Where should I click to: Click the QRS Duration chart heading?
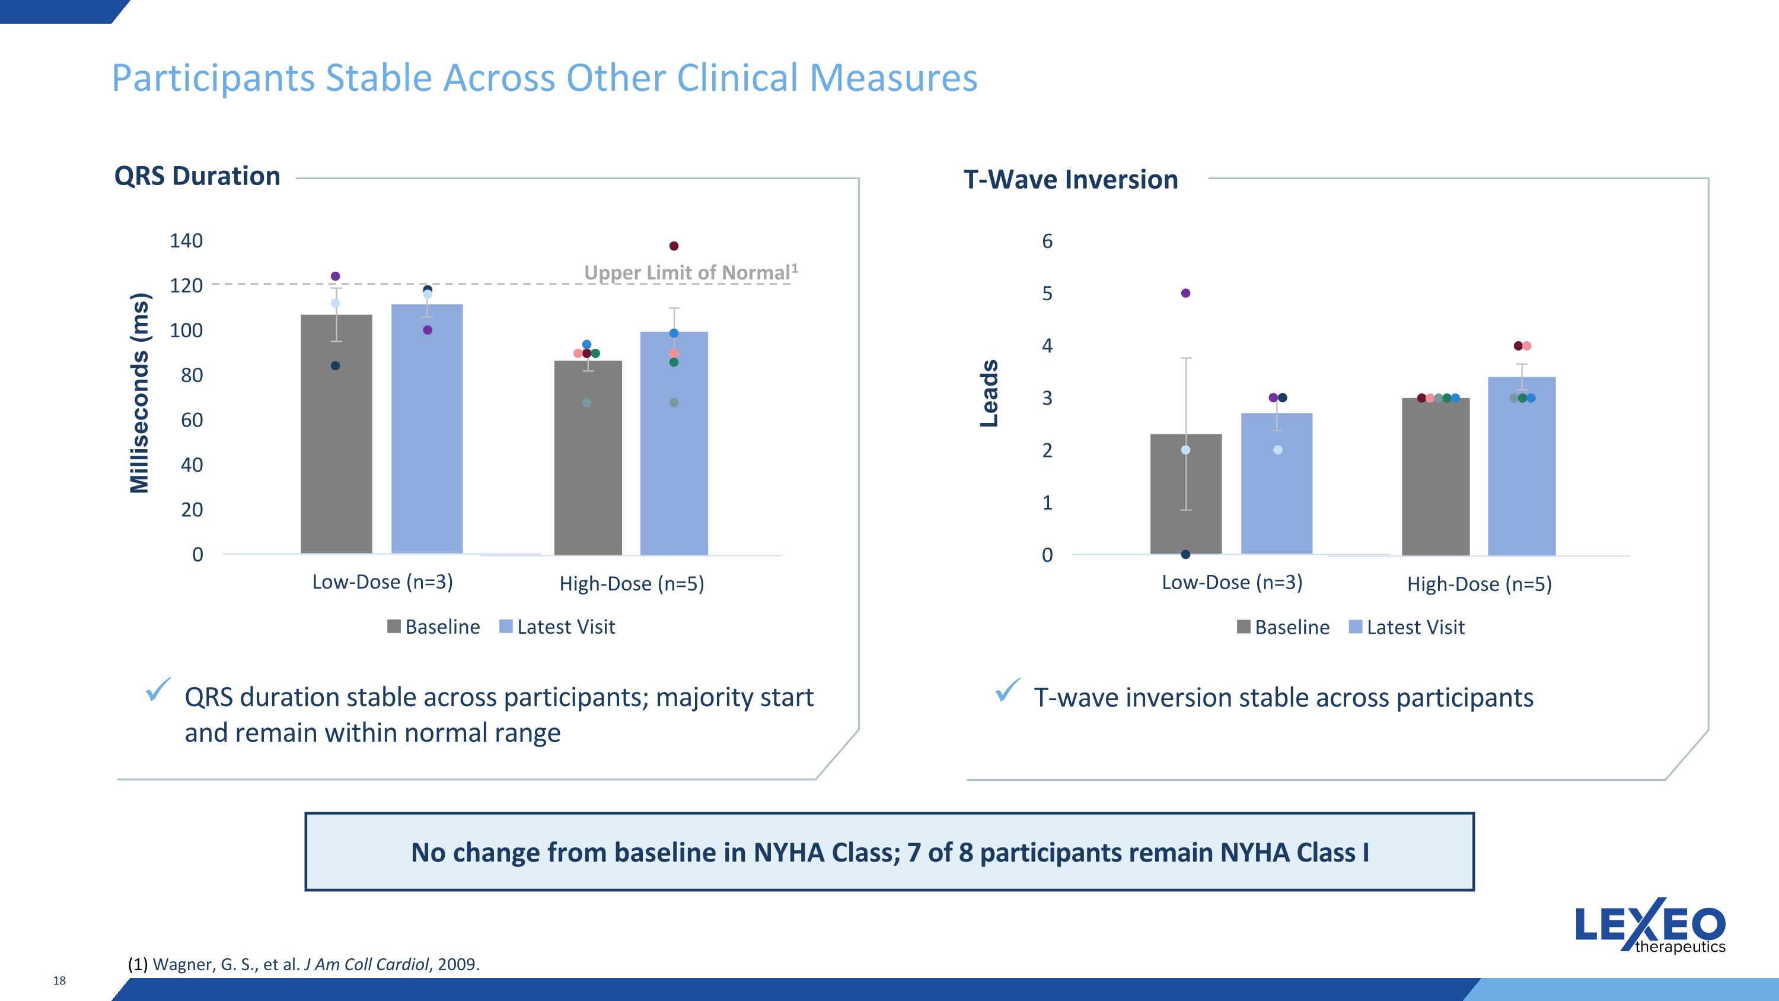point(197,176)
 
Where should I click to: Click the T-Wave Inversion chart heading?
point(1070,180)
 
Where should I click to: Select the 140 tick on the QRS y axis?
point(186,241)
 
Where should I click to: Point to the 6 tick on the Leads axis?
point(1047,241)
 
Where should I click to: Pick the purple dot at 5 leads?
point(1186,293)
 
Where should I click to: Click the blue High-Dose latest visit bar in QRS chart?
point(674,456)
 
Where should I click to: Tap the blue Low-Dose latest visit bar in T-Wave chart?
point(1276,491)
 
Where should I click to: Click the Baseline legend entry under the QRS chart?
point(433,627)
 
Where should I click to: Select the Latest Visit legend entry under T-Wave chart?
point(1407,627)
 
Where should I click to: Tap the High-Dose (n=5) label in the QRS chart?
point(631,584)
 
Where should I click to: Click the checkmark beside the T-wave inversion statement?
point(1007,690)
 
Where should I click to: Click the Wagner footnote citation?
point(304,964)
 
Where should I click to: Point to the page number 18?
point(59,980)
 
